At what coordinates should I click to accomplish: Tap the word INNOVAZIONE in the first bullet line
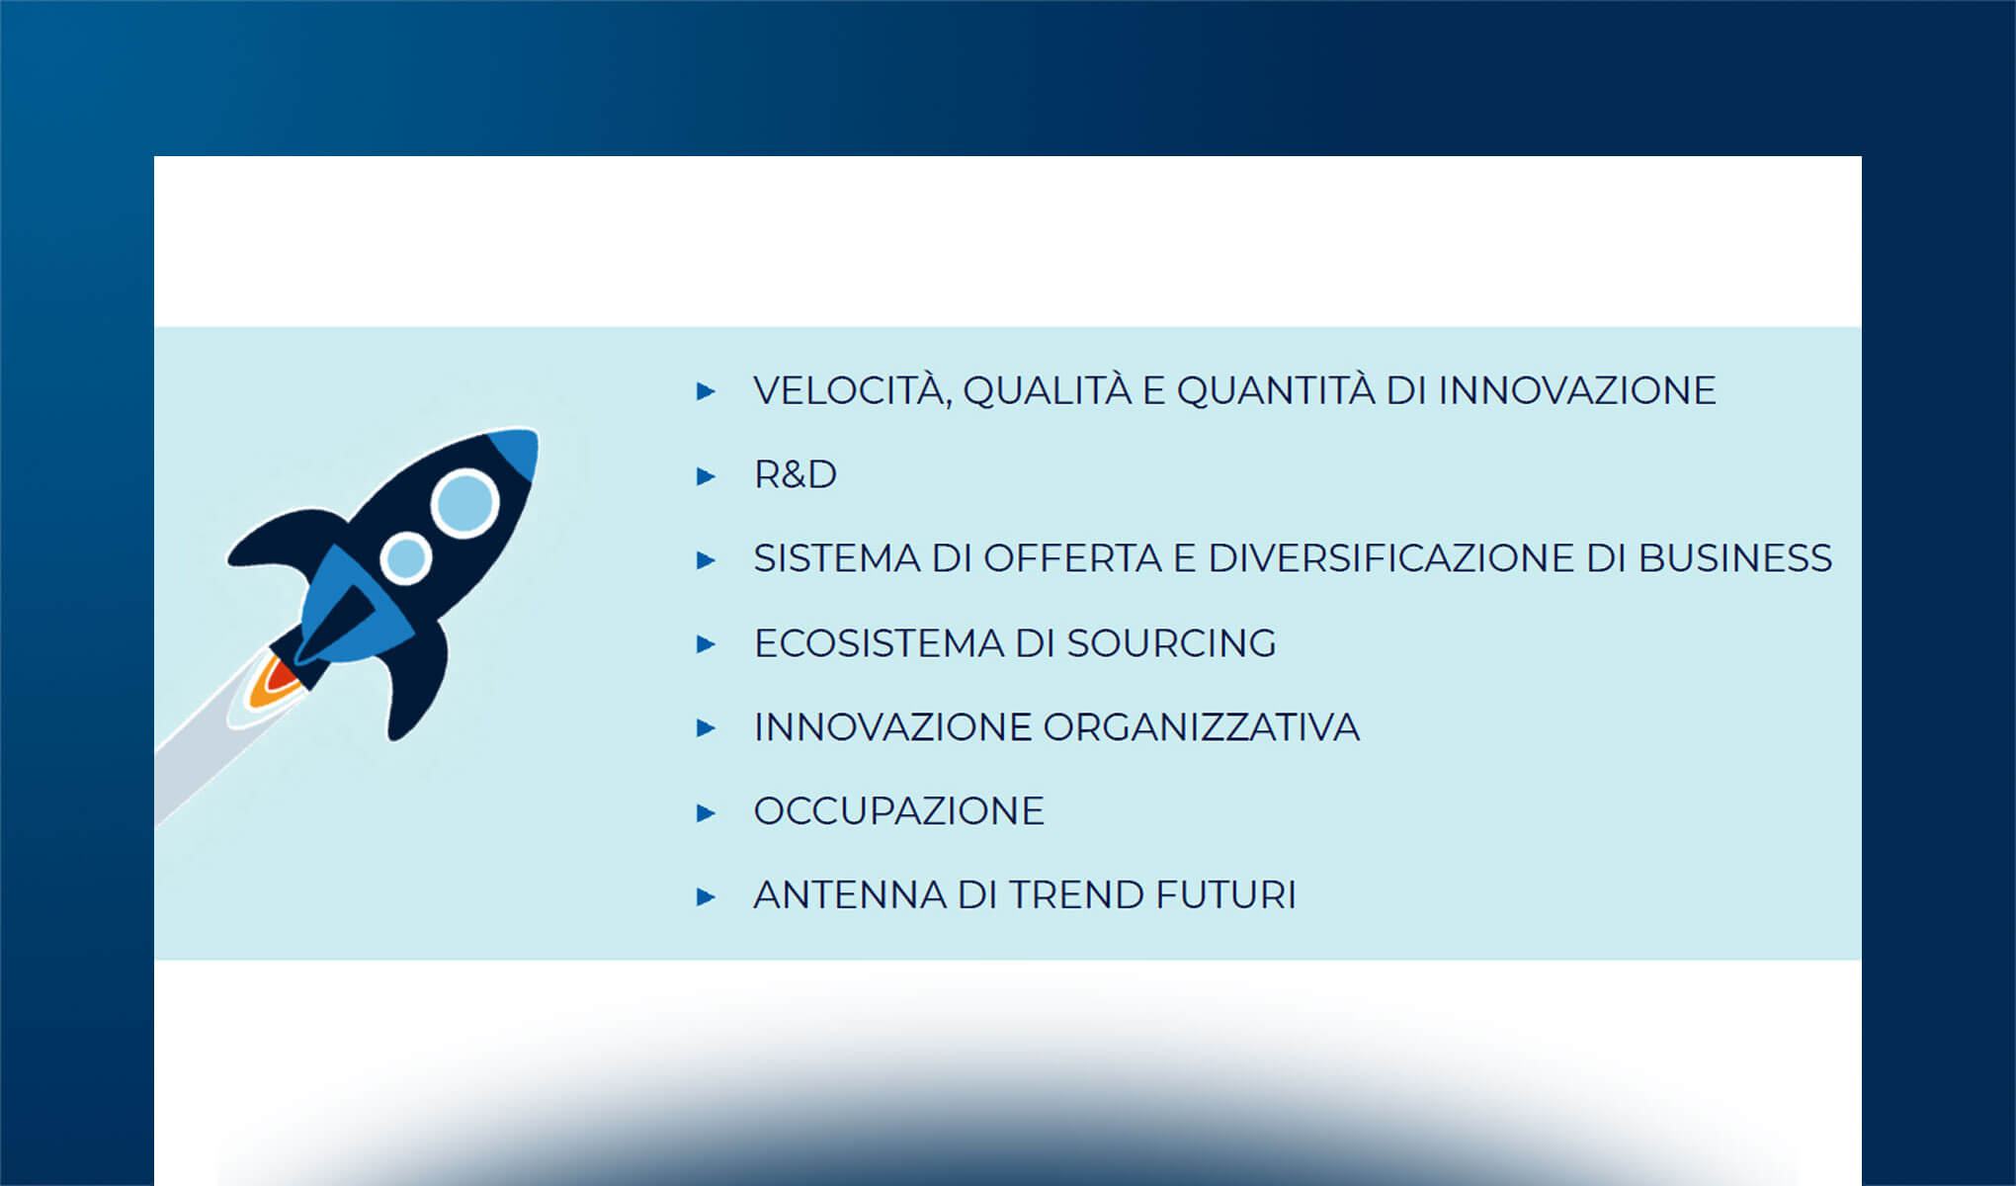click(x=1576, y=391)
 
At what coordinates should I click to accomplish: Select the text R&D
click(x=795, y=475)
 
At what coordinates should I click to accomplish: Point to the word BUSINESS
click(x=1734, y=559)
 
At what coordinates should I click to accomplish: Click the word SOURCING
click(x=1171, y=643)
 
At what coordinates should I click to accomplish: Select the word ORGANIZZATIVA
click(x=1201, y=727)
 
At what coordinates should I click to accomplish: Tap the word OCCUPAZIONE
click(x=898, y=811)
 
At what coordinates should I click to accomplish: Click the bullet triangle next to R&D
click(x=706, y=476)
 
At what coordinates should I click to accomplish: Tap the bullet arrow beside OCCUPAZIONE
click(x=706, y=813)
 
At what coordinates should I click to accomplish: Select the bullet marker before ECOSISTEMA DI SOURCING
click(x=706, y=644)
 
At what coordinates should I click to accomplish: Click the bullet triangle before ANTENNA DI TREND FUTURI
click(x=706, y=897)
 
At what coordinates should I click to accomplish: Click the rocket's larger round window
click(x=463, y=503)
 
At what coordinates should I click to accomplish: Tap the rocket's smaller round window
click(x=404, y=558)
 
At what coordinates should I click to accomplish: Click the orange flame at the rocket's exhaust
click(x=267, y=685)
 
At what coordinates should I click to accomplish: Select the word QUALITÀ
click(x=1047, y=391)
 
